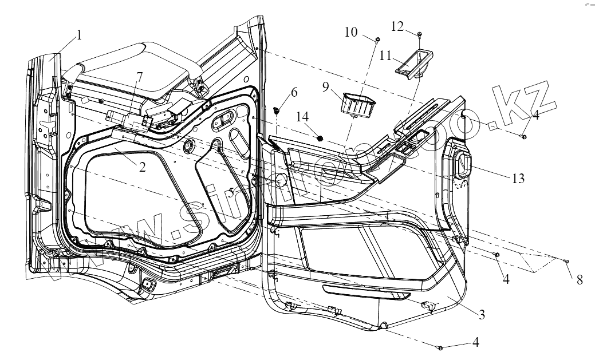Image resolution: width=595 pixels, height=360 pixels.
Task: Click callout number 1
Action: pos(79,35)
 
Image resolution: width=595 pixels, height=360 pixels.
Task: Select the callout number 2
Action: pos(142,168)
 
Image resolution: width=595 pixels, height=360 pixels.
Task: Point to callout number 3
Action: pos(482,314)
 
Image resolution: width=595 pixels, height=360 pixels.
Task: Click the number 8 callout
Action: pos(580,280)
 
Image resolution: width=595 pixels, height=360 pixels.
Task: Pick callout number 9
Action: pos(326,88)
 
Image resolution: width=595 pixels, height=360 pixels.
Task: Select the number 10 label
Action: pos(351,31)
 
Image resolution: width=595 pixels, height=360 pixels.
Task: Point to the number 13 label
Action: pos(518,179)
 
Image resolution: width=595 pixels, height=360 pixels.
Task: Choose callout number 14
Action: pos(303,117)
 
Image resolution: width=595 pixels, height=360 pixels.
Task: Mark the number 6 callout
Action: pos(294,92)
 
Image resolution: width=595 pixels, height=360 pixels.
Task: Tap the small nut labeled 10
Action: pos(378,39)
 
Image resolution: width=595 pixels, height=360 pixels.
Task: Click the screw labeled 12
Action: pos(420,35)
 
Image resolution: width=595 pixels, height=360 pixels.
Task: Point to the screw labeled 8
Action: pos(566,261)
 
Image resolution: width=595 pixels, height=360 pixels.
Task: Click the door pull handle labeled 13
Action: pos(461,163)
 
